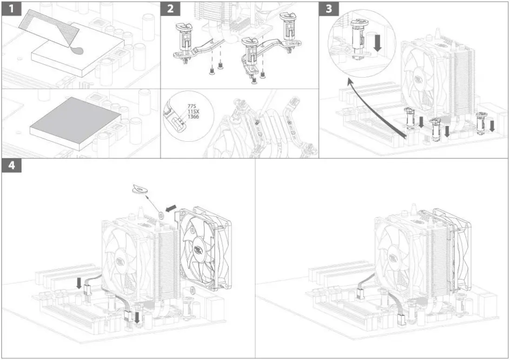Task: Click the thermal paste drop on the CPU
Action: tap(79, 51)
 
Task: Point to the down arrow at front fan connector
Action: tap(138, 317)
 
